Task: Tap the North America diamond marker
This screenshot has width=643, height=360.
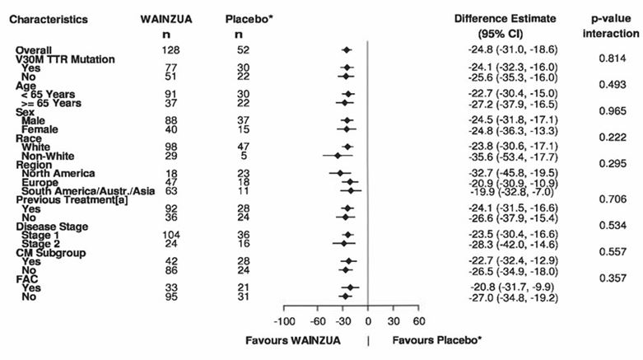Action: (340, 173)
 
